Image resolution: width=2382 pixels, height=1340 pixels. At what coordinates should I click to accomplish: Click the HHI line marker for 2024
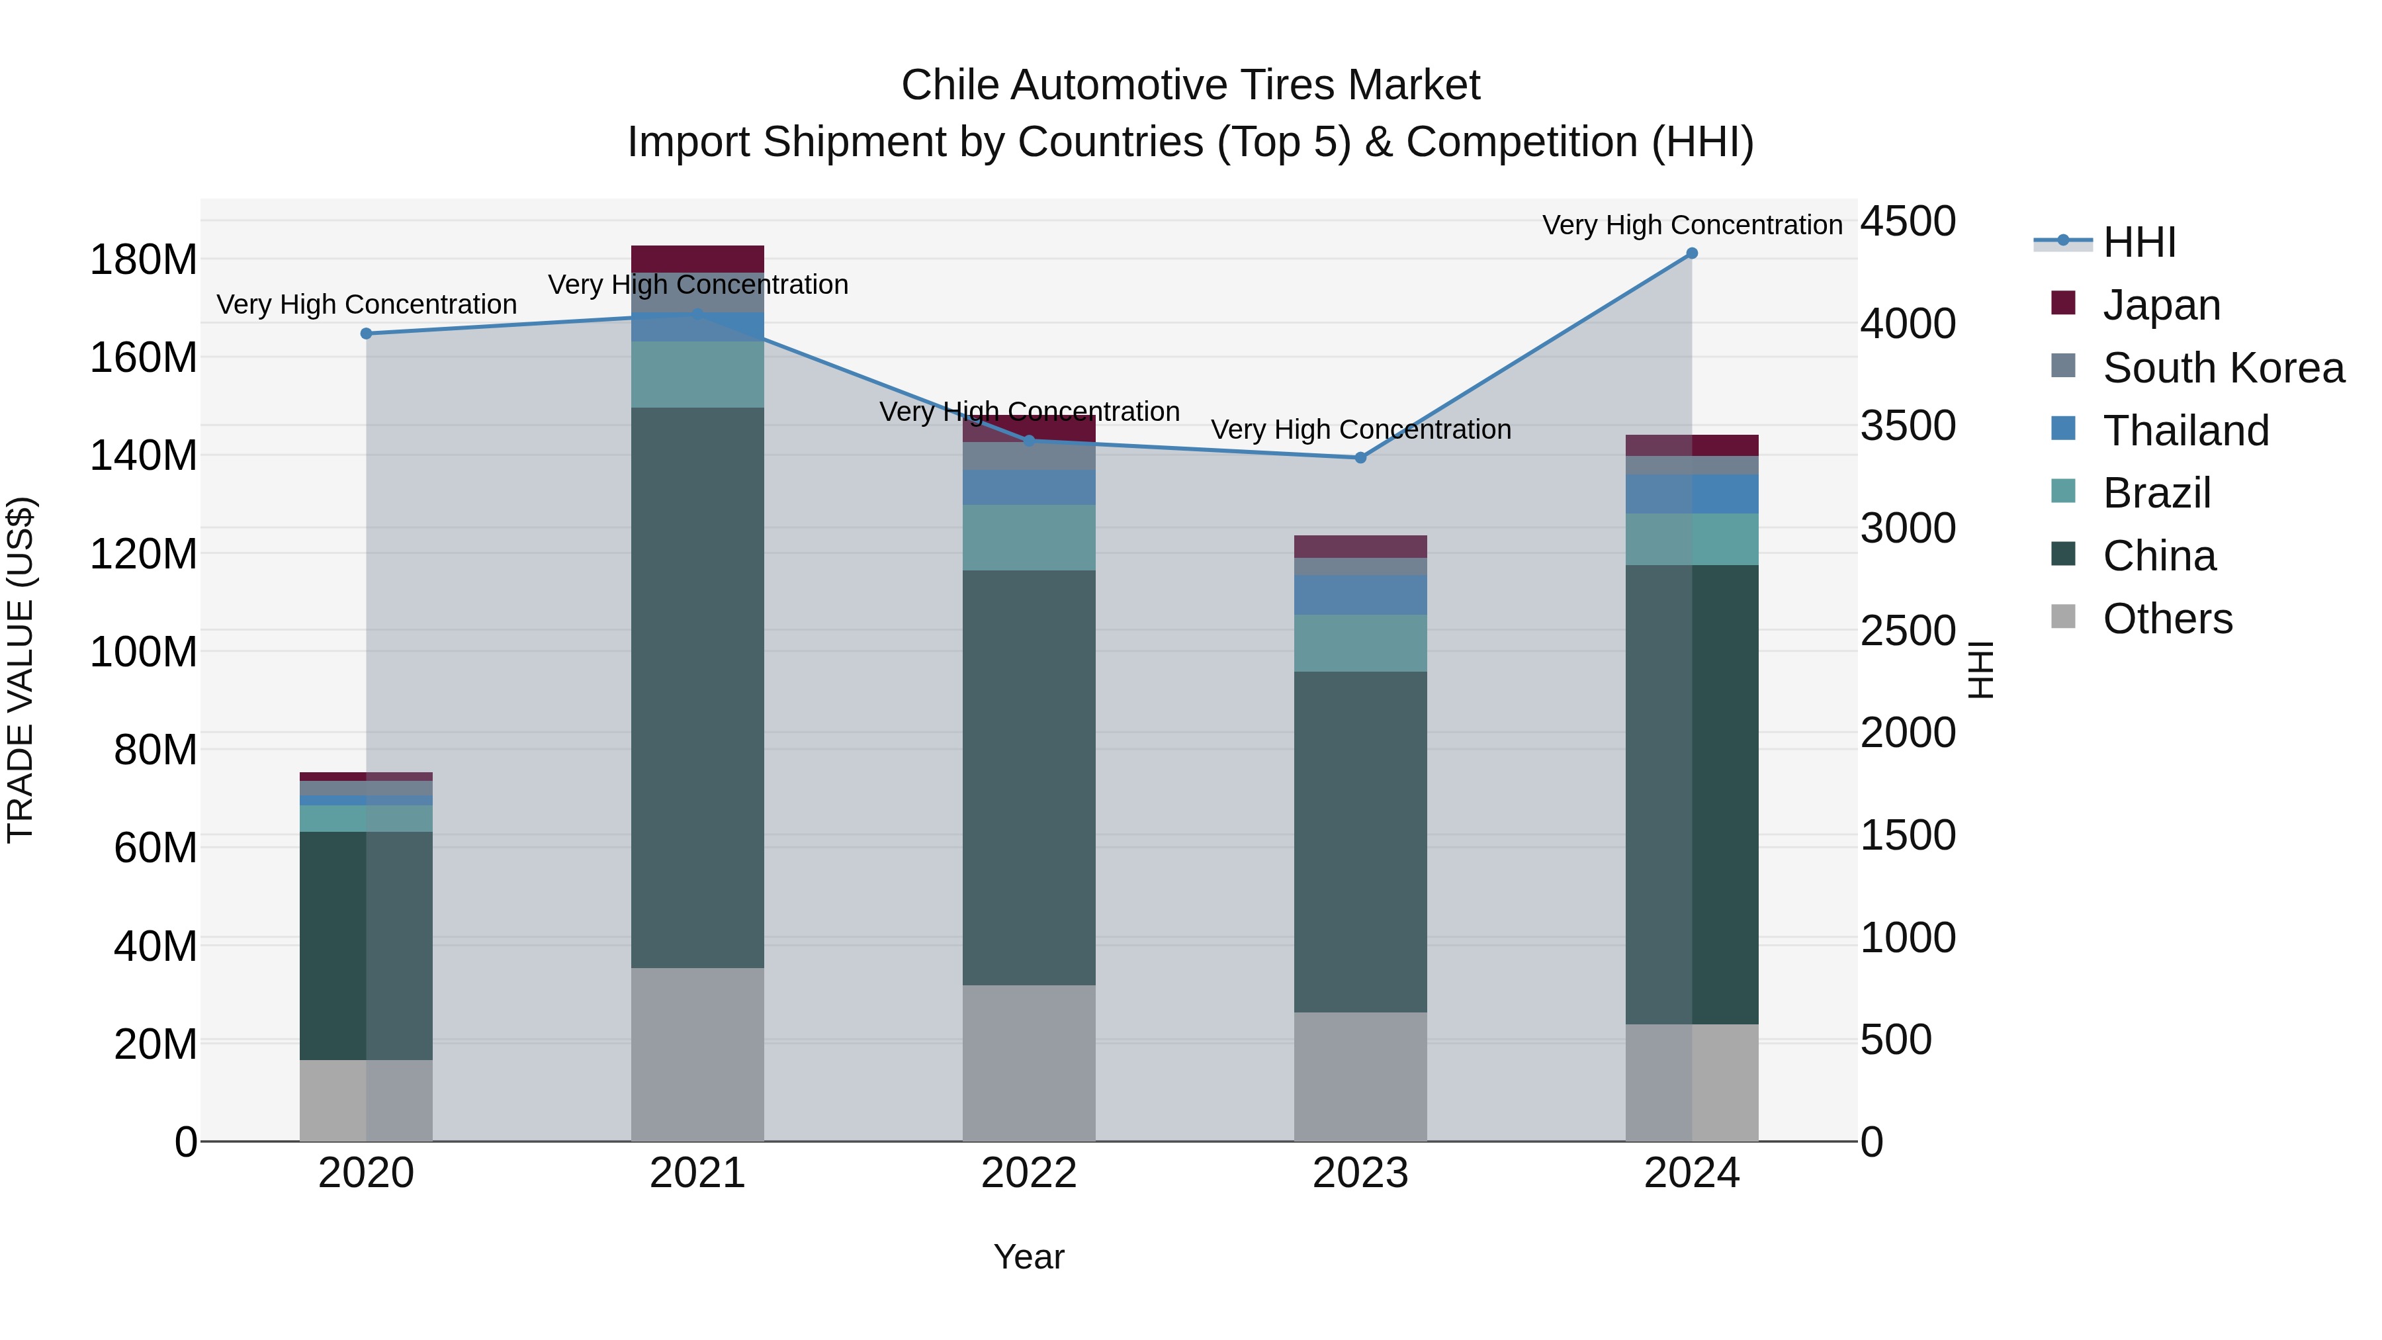pos(1691,253)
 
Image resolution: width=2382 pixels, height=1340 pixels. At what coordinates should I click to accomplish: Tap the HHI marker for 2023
pos(1360,458)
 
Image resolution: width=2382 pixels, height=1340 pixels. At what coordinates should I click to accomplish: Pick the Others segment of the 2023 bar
pos(1360,1077)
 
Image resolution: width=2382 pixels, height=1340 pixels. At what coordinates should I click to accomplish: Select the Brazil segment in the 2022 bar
pos(1028,537)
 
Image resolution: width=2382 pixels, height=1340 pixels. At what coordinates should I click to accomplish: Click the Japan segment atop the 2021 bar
pos(697,258)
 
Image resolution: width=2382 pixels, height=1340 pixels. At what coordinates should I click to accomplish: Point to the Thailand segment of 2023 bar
pos(1360,595)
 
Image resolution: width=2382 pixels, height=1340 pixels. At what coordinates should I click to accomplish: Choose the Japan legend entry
pos(2160,304)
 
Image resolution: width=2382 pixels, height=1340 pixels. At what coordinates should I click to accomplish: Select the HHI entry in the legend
pos(2138,242)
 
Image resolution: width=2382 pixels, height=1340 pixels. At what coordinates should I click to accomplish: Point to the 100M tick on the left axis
pos(144,652)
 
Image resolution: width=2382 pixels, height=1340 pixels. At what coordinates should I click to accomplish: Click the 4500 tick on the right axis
pos(1908,221)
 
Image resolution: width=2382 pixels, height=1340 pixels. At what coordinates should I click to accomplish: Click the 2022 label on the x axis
pos(1028,1173)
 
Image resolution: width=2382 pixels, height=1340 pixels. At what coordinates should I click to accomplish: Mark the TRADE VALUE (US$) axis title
pos(21,670)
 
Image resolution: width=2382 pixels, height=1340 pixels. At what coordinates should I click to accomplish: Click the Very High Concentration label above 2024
pos(1691,225)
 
